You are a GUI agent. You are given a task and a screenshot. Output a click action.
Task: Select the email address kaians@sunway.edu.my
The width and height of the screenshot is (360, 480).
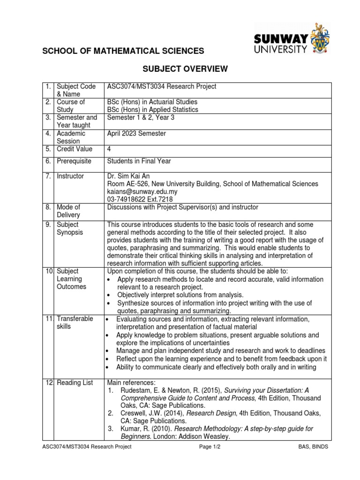tap(143, 192)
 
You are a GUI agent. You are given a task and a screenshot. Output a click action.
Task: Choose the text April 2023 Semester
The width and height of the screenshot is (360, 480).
tap(136, 133)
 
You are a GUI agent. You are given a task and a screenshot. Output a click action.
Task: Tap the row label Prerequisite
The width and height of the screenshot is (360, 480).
tap(75, 161)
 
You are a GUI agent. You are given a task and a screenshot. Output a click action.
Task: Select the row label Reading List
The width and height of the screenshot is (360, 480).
tap(75, 383)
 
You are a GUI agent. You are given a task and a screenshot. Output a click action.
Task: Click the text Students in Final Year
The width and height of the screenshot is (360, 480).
tap(139, 161)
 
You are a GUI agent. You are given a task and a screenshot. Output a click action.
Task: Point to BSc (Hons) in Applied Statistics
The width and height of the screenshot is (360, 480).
tap(153, 110)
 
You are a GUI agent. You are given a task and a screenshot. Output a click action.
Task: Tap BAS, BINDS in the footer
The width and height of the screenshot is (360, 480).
tap(313, 447)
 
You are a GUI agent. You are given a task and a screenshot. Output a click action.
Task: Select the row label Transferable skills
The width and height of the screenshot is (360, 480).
tap(75, 322)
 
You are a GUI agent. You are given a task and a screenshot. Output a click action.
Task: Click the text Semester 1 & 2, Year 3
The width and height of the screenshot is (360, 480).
tap(141, 118)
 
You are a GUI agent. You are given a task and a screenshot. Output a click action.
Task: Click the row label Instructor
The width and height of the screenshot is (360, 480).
tap(70, 176)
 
